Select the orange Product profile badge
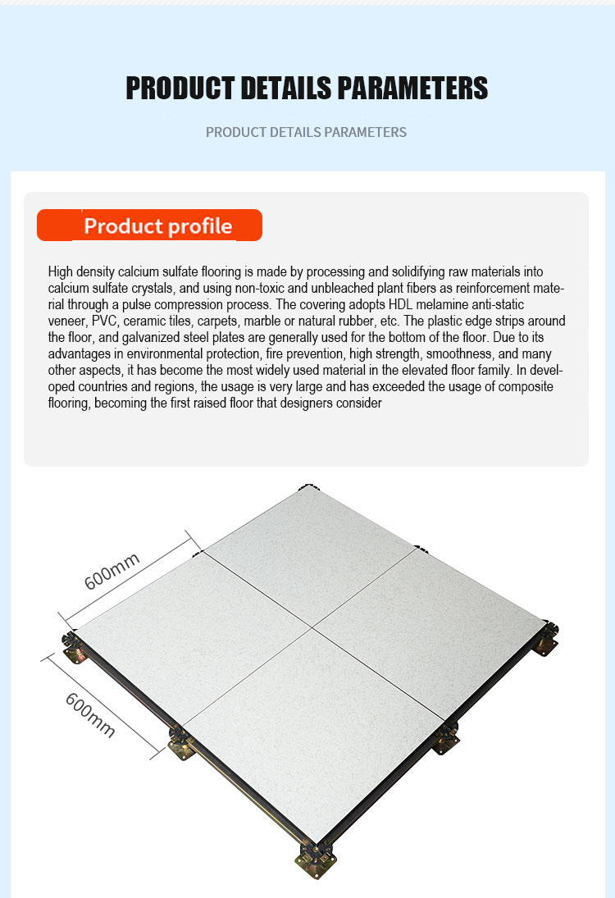(x=149, y=225)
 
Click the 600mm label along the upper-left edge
(x=112, y=571)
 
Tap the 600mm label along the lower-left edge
(x=90, y=714)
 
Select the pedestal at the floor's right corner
(x=546, y=637)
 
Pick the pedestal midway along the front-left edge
(x=181, y=742)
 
